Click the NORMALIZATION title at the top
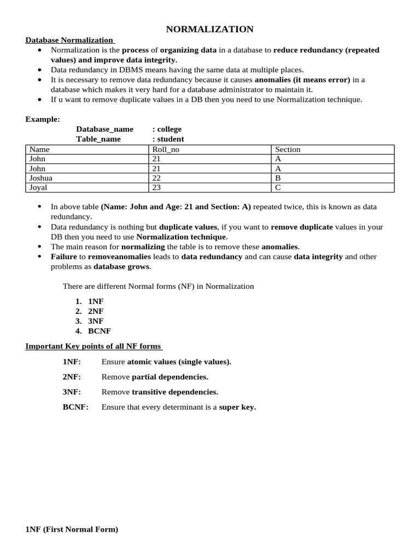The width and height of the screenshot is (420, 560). (x=209, y=29)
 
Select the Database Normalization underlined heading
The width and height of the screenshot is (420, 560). (x=69, y=40)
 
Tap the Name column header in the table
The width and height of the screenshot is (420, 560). (x=39, y=149)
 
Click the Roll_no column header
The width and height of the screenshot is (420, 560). (x=166, y=149)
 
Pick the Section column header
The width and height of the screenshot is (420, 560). (x=288, y=149)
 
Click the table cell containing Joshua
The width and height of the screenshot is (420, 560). (x=41, y=178)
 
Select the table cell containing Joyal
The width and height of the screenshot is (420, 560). (x=38, y=187)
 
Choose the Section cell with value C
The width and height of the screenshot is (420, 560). (x=278, y=187)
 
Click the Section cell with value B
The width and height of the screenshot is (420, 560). (x=278, y=178)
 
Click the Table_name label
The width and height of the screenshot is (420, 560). (x=98, y=139)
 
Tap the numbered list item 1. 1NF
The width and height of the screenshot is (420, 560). (x=89, y=301)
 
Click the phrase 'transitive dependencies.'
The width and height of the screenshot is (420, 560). (x=175, y=392)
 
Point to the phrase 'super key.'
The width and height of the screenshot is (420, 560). (x=237, y=407)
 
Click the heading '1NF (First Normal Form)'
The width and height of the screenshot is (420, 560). (x=72, y=529)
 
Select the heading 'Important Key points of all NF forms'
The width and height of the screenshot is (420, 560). (x=93, y=346)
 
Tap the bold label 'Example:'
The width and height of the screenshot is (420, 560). (x=43, y=119)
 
